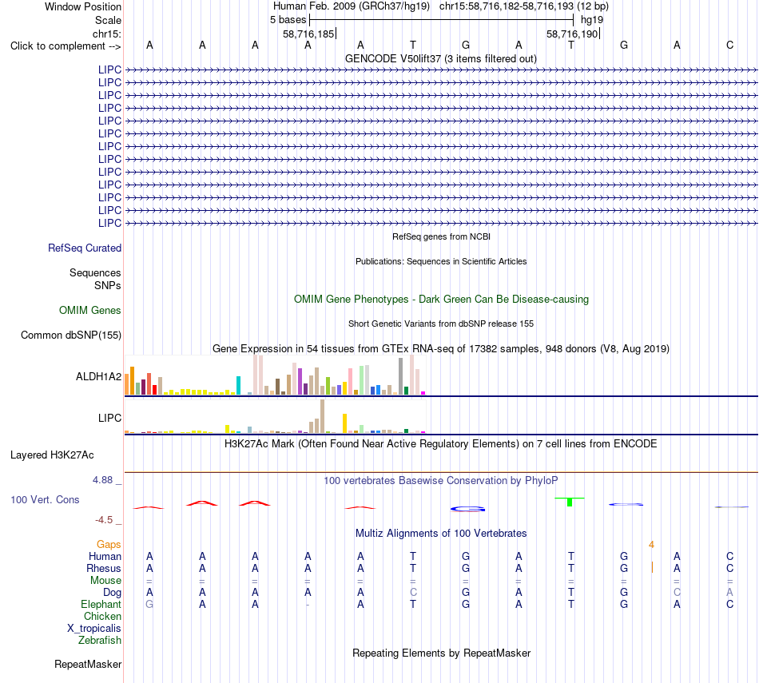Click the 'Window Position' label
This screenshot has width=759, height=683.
tap(83, 6)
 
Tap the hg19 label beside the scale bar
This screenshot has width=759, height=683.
tap(592, 20)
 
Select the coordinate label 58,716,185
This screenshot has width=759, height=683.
tap(308, 34)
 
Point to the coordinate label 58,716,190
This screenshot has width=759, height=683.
tap(572, 34)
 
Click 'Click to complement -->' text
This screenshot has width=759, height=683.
tap(66, 46)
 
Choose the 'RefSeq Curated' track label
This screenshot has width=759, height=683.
tap(85, 248)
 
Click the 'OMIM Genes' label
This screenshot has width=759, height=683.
tap(90, 310)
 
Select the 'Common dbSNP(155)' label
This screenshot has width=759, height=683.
tap(71, 335)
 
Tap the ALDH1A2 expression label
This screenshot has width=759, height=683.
tap(99, 376)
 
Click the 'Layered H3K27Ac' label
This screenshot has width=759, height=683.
tap(52, 455)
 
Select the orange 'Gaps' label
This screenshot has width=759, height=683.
tap(109, 545)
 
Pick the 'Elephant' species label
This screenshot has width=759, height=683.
tap(101, 604)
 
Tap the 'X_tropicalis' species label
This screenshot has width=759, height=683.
tap(94, 629)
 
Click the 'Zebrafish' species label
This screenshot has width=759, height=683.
tap(100, 640)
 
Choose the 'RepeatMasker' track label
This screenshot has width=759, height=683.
tap(88, 664)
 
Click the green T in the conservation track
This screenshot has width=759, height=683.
tap(570, 502)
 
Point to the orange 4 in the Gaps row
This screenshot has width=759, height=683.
tap(651, 545)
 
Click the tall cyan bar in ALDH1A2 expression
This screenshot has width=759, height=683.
tap(238, 385)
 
